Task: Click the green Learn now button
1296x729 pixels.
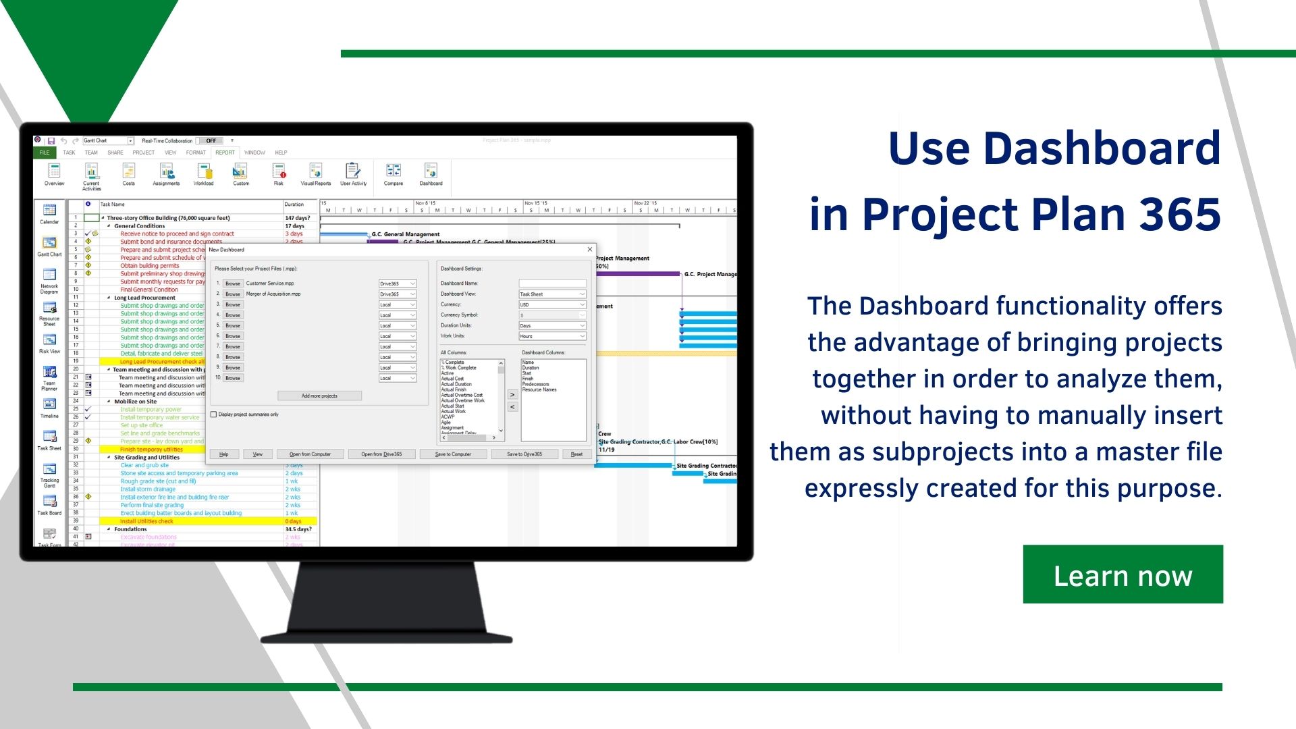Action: tap(1123, 574)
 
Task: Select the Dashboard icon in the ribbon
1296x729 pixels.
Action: tap(431, 173)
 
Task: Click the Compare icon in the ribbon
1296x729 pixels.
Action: tap(394, 173)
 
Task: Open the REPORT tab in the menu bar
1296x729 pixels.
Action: tap(225, 153)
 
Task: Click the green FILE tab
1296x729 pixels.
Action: tap(45, 153)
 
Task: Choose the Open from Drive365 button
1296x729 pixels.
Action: tap(381, 454)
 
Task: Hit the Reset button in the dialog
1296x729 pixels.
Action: tap(576, 454)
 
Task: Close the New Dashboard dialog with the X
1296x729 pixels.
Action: tap(590, 250)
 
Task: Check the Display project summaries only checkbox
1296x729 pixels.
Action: tap(214, 414)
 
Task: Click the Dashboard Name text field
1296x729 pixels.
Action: tap(552, 283)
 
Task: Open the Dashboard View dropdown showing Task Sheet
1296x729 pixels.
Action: tap(552, 294)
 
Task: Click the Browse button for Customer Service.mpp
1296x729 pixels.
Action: tap(233, 283)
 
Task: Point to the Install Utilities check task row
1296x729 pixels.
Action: tap(146, 521)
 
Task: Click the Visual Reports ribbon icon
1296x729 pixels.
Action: tap(316, 173)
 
